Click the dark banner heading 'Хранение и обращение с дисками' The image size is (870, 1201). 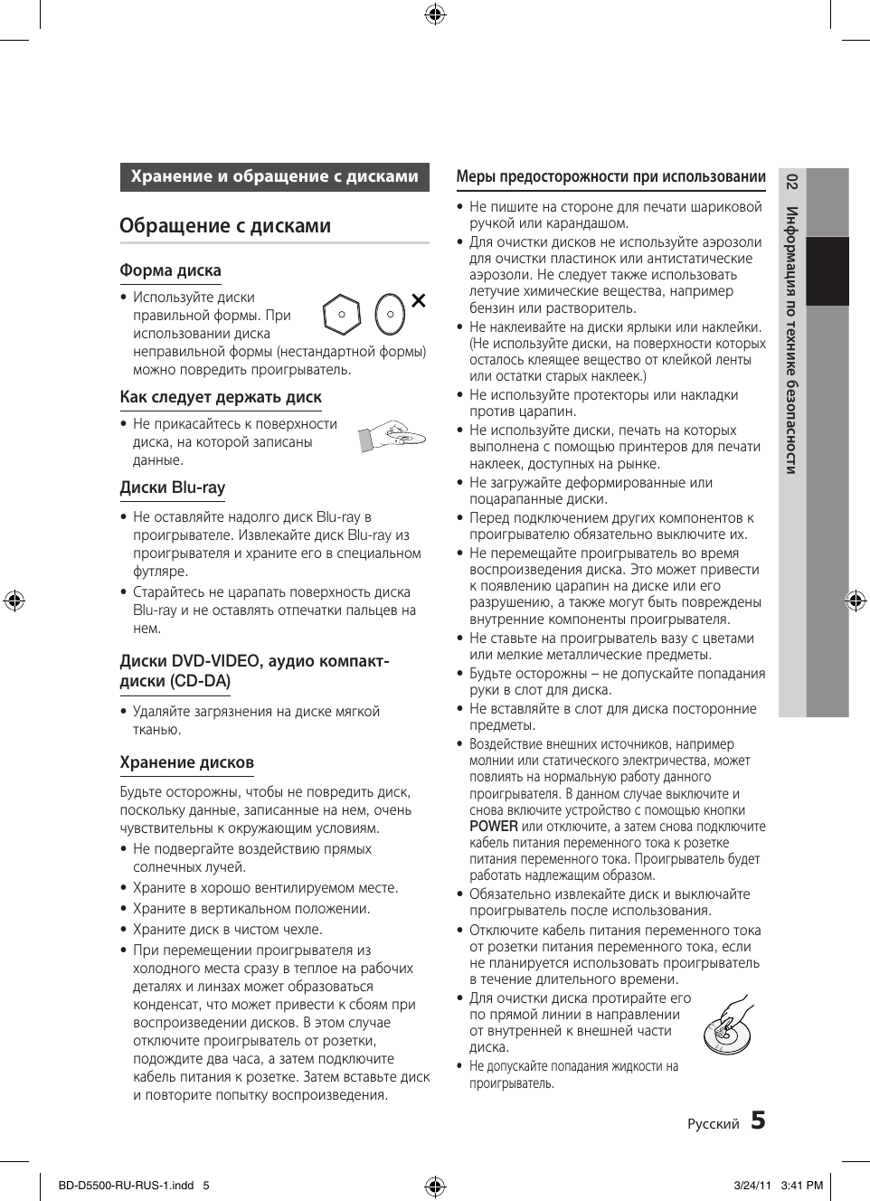[274, 176]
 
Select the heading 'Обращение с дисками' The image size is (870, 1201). [225, 226]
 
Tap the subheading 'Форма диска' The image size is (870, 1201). [170, 270]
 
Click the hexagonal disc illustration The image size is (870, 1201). [342, 315]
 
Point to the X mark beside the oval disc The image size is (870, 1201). [418, 300]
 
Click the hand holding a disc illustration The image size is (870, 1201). [391, 436]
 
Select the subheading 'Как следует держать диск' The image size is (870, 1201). [221, 397]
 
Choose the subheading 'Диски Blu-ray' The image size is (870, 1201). [172, 487]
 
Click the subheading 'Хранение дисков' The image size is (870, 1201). [186, 762]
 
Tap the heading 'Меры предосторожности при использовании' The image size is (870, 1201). [610, 177]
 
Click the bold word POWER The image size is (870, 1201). [493, 827]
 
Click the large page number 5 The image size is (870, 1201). [758, 1121]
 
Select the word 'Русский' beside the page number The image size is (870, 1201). [713, 1124]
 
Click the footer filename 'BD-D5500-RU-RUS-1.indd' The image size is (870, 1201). [125, 1186]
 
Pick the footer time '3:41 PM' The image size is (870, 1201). [801, 1186]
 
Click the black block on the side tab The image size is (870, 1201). [827, 271]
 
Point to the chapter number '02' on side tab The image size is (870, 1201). [791, 182]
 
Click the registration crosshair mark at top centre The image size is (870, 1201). [435, 14]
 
